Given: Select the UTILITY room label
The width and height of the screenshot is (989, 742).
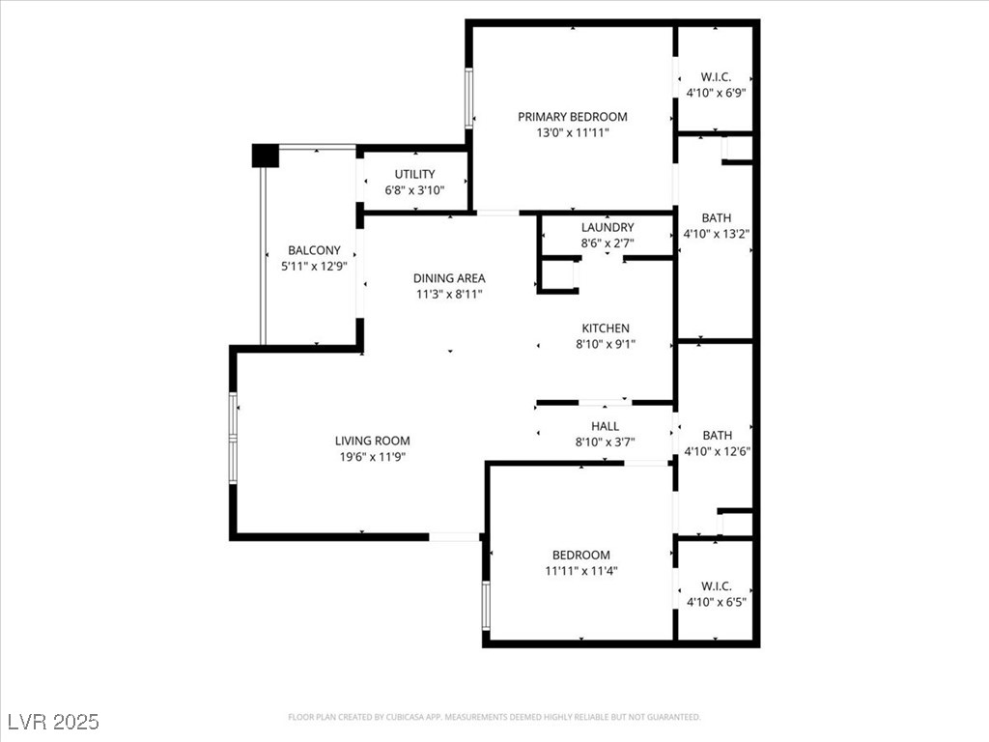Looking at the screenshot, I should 414,174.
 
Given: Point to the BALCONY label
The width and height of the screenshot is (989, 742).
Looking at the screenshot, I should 314,250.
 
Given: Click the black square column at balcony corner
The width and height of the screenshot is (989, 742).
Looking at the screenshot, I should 265,156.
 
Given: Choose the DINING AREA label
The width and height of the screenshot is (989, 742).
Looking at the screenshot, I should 449,278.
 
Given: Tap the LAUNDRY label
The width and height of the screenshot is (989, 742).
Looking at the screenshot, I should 608,228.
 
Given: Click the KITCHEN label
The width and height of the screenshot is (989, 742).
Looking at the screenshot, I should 606,328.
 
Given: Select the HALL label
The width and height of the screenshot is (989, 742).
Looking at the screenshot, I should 606,426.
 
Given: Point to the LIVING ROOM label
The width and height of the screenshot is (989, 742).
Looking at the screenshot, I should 373,441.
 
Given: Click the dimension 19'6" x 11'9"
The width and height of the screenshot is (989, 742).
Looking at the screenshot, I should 373,456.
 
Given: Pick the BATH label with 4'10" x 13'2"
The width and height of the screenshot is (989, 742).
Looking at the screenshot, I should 717,218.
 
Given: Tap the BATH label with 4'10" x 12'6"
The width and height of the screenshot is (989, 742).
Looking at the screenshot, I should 717,436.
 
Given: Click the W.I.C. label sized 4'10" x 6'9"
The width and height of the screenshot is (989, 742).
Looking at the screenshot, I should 716,77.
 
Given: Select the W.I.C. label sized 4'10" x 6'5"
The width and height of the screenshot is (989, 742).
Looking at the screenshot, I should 716,586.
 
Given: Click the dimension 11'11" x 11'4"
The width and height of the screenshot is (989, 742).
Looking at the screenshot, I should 581,570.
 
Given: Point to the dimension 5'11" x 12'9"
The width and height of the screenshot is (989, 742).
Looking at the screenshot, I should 314,266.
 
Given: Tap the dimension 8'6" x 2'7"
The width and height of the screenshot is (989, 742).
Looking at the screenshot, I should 608,243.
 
